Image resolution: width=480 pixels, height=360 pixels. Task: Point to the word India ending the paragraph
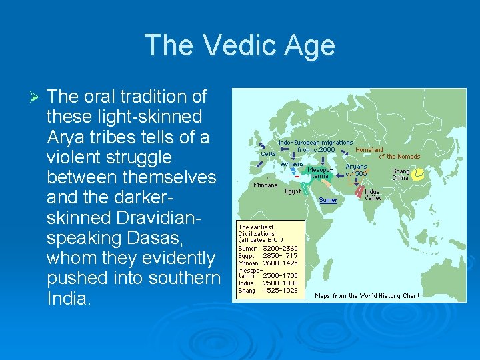click(67, 298)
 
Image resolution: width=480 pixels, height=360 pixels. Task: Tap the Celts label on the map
click(268, 153)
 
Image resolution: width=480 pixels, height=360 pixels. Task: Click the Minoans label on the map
click(265, 185)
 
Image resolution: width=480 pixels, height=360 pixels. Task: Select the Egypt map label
click(293, 191)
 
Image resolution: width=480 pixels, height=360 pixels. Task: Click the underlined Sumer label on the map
click(328, 200)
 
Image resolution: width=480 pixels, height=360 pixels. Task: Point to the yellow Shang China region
click(419, 175)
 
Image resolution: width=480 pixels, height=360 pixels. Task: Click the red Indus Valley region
click(359, 193)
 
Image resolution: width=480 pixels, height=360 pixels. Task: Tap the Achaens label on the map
click(292, 164)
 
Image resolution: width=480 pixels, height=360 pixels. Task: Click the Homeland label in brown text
click(369, 150)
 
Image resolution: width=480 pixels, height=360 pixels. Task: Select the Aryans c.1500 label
click(357, 170)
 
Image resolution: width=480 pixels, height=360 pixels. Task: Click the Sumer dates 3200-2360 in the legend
click(280, 248)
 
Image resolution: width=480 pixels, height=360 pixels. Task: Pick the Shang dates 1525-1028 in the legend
click(280, 290)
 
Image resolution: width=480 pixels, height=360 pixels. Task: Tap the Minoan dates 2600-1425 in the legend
click(280, 263)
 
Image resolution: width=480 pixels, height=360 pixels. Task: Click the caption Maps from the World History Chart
click(367, 295)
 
